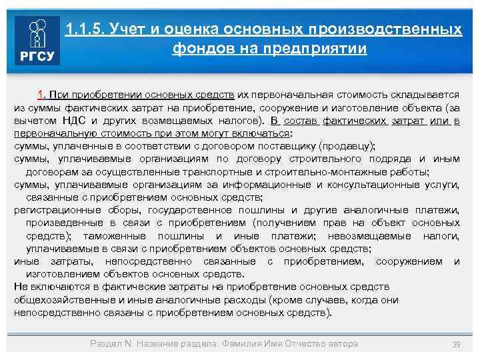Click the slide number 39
(457, 344)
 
